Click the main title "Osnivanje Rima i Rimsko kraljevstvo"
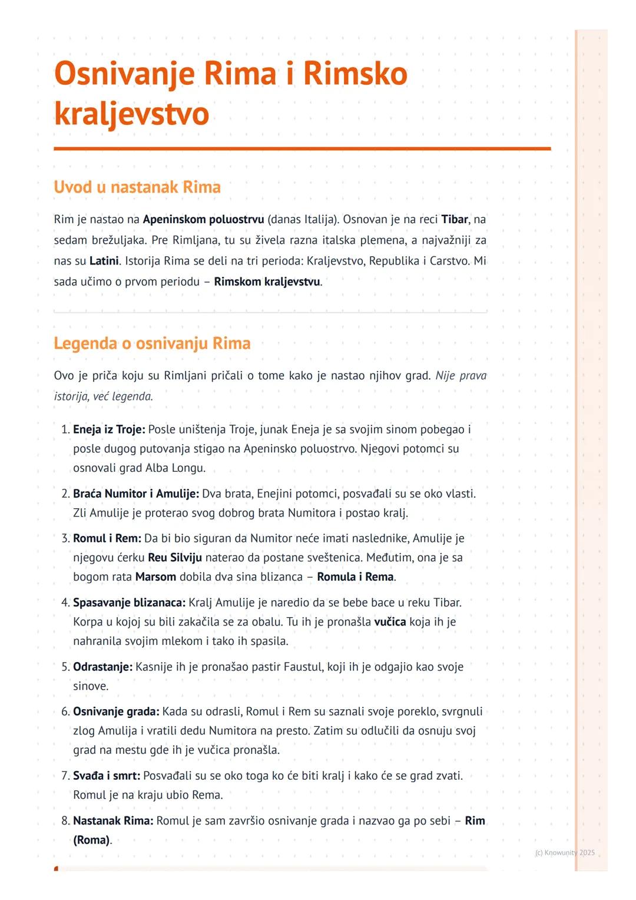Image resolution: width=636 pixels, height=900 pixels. pos(230,94)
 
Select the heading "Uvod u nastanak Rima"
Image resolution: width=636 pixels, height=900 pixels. pos(137,187)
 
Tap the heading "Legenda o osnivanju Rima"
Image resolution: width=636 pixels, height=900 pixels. pos(152,343)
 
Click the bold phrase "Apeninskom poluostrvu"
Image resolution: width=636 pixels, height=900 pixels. pos(203,220)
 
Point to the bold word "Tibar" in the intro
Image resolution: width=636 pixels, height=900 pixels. pos(455,220)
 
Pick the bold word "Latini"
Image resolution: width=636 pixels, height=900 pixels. pos(104,260)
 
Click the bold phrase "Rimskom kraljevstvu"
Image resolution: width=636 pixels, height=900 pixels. pos(267,282)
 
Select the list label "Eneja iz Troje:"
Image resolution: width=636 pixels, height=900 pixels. pos(109,429)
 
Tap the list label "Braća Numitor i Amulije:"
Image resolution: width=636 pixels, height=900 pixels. pos(136,494)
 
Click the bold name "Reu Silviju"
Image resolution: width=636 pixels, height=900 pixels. pos(175,558)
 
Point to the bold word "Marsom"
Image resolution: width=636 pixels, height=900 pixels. pos(155,577)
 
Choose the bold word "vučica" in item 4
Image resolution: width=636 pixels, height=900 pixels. pos(390,622)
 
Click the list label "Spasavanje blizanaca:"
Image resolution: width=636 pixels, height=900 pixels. pos(129,603)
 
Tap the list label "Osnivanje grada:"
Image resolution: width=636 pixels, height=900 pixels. pos(116,712)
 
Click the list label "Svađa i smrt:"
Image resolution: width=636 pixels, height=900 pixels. pos(107,776)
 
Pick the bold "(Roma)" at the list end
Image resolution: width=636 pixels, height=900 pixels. pos(92,840)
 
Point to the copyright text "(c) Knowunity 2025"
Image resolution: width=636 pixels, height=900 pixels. pos(565,852)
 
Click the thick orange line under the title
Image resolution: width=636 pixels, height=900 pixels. pos(302,149)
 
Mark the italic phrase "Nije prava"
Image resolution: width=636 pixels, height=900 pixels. pos(461,376)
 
